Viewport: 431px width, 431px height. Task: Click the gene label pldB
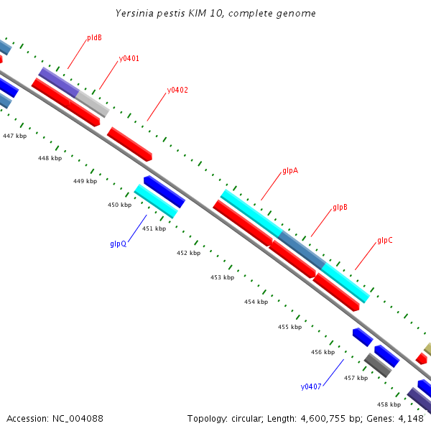tap(94, 37)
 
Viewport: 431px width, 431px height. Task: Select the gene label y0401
tap(129, 58)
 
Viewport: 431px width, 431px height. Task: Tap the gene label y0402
tap(177, 91)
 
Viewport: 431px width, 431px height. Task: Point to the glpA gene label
tap(290, 171)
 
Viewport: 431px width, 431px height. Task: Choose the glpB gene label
tap(340, 208)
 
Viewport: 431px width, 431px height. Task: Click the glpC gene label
tap(385, 241)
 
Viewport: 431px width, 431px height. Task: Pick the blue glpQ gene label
tap(119, 244)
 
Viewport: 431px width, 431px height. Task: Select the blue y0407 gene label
tap(311, 386)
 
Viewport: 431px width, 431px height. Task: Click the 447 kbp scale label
tap(14, 135)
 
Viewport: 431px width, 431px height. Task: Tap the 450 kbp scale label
tap(120, 205)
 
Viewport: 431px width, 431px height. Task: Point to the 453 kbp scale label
tap(223, 277)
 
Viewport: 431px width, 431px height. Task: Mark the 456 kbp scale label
tap(323, 352)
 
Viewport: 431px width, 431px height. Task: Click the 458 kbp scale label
tap(389, 404)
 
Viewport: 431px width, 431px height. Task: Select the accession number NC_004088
tap(75, 418)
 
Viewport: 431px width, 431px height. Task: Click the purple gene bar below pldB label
tap(58, 83)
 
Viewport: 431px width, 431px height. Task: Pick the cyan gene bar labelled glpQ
tap(155, 202)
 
